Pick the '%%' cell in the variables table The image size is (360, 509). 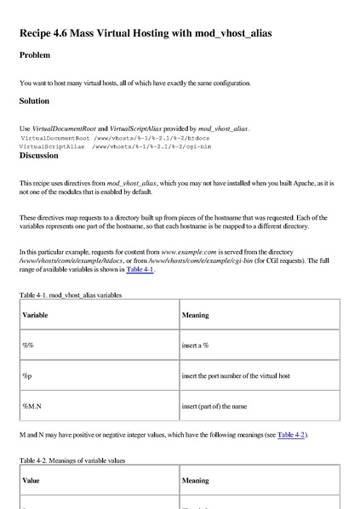27,345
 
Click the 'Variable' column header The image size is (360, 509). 35,315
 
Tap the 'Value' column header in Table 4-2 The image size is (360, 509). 31,481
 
